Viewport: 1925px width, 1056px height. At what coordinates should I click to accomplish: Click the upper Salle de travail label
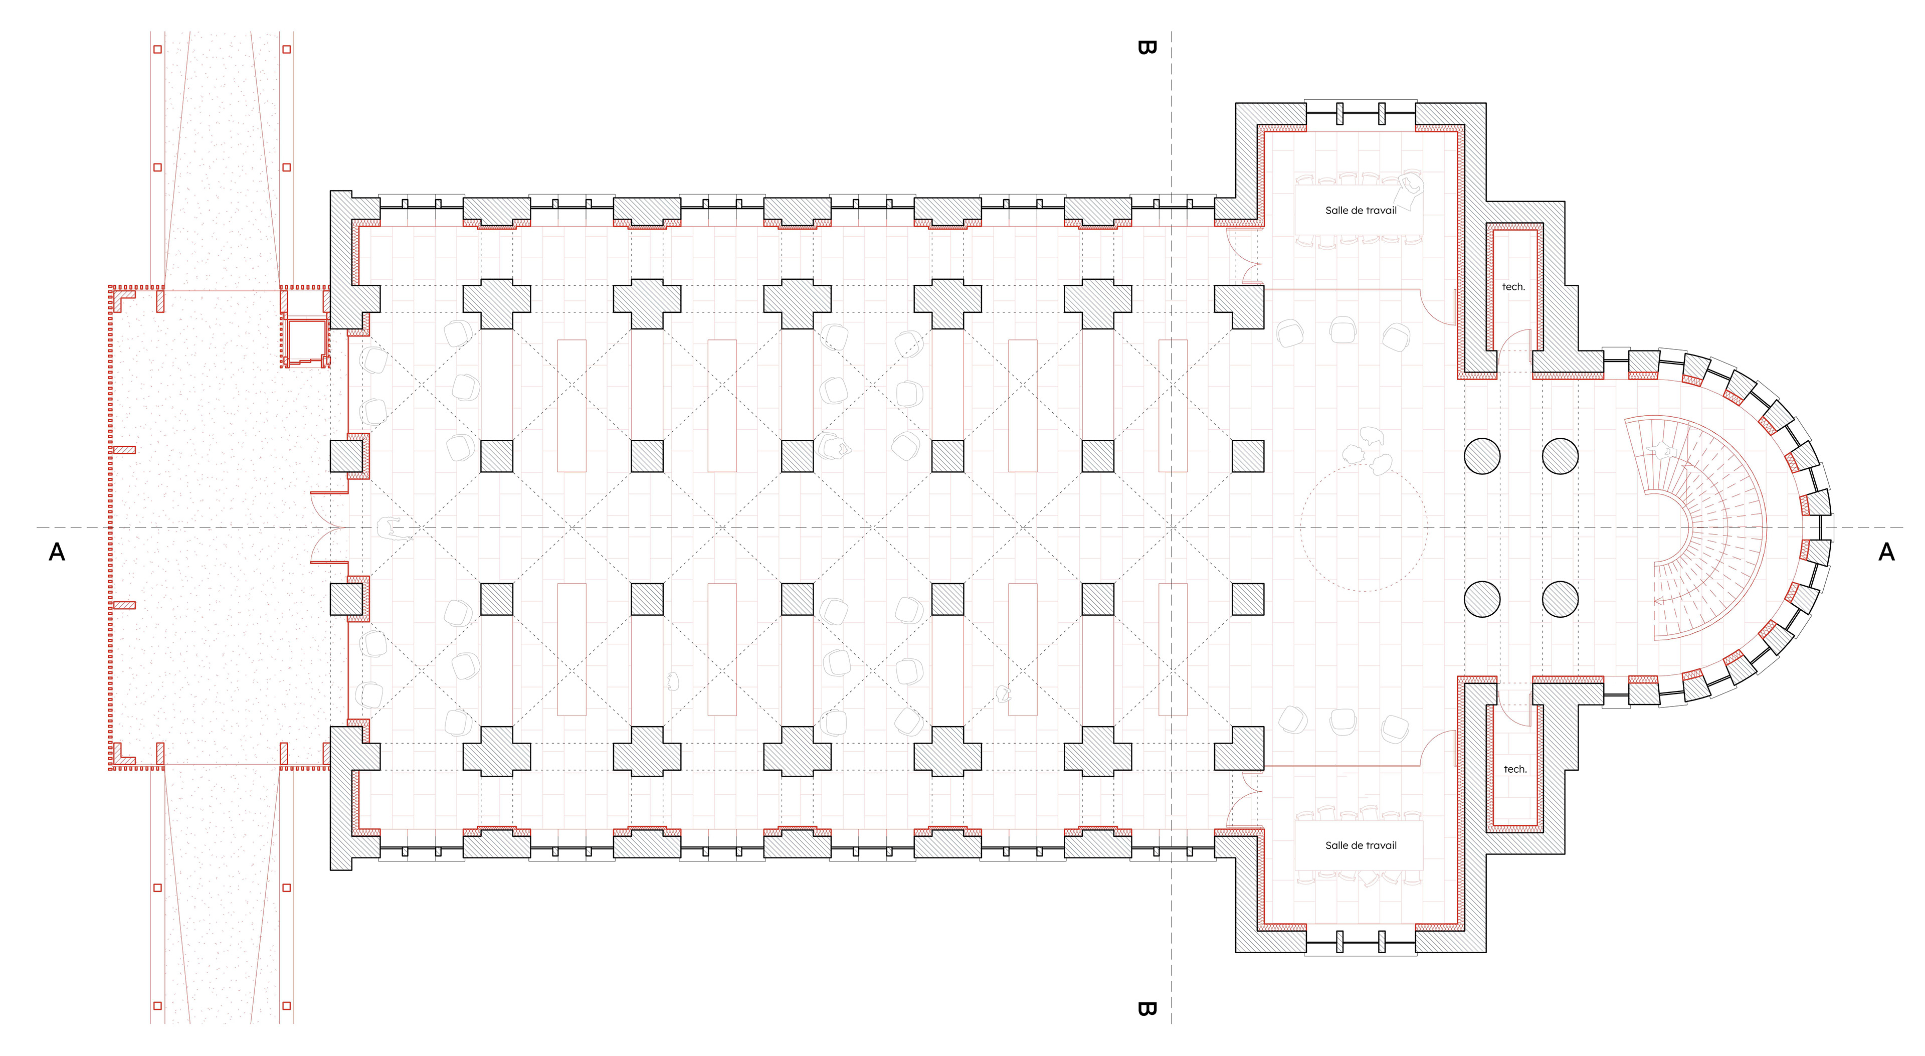pos(1361,211)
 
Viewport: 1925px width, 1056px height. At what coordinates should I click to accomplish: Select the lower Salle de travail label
pos(1361,845)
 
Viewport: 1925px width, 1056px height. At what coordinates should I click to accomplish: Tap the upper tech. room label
pos(1513,287)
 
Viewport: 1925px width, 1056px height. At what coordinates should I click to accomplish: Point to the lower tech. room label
pos(1515,769)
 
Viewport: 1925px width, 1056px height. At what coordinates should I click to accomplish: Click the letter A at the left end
pos(57,552)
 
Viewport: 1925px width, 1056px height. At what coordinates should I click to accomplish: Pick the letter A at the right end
pos(1886,552)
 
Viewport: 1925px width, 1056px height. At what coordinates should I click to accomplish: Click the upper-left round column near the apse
pos(1482,456)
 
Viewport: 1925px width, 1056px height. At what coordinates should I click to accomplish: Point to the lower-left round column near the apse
pos(1482,599)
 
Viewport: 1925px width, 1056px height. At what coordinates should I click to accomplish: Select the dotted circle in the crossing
pos(1364,527)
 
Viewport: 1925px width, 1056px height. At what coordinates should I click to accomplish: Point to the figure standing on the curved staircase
pos(1661,451)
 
